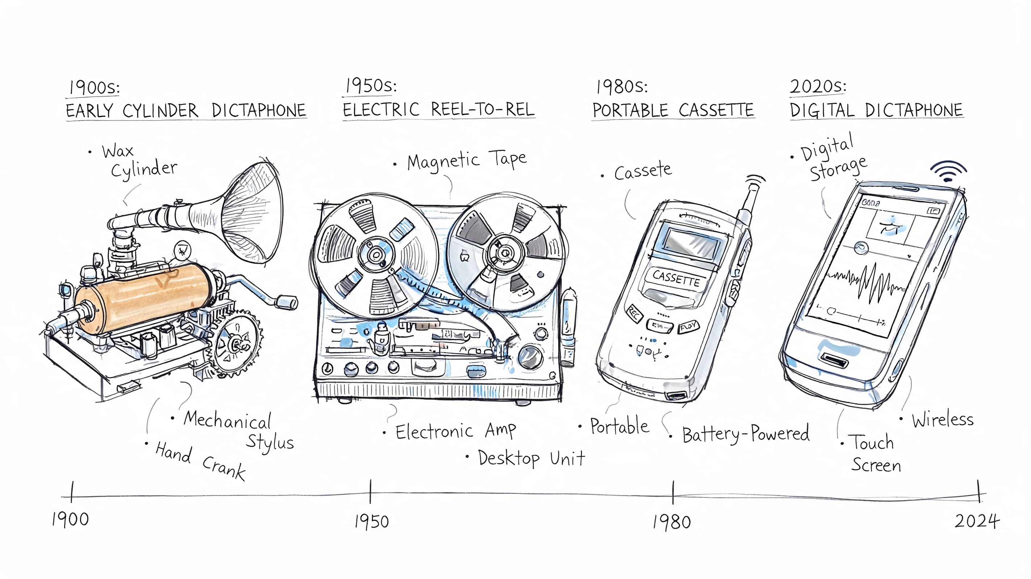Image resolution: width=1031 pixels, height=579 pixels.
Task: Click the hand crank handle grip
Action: coord(287,302)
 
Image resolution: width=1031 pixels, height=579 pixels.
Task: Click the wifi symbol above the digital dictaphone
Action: coord(948,172)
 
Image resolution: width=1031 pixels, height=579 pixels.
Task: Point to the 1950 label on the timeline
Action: coord(371,521)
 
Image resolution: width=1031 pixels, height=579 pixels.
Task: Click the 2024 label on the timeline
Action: coord(977,521)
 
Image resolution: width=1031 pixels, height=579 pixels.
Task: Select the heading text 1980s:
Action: coord(621,87)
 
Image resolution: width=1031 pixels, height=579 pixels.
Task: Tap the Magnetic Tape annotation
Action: coord(467,161)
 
